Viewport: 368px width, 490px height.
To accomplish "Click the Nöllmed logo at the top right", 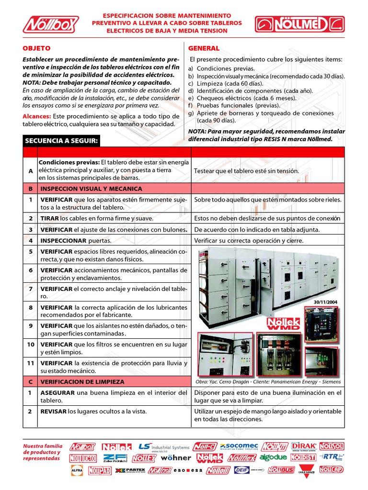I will tap(299, 23).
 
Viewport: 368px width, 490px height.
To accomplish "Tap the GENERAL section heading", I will tap(204, 48).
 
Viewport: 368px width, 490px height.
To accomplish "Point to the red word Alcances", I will tap(37, 116).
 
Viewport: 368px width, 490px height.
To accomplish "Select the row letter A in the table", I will tap(31, 170).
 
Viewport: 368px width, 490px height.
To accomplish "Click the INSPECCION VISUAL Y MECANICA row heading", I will tap(91, 189).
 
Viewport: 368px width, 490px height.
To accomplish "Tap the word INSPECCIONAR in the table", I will tap(63, 241).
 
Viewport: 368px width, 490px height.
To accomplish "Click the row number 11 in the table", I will tap(31, 363).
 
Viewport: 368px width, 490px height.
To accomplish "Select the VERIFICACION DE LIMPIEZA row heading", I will tap(82, 382).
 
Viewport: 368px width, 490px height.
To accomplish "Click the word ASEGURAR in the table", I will tap(57, 392).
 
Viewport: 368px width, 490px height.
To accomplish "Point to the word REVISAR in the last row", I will tap(53, 411).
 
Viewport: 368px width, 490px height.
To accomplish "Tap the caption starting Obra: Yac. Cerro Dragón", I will tap(268, 382).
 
